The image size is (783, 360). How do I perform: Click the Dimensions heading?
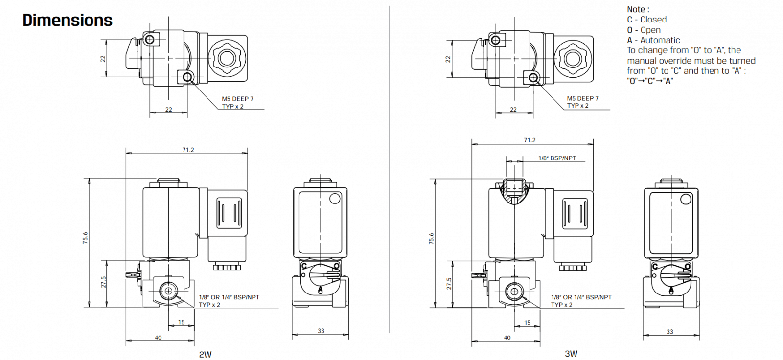68,20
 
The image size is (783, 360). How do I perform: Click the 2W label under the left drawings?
205,354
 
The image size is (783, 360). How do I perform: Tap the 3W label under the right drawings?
571,353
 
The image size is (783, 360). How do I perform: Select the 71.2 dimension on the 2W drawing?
188,150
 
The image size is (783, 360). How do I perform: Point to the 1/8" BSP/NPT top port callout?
557,158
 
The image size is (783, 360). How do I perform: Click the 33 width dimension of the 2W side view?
321,331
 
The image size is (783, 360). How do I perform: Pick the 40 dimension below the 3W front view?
507,337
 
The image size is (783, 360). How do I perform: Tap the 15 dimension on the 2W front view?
182,322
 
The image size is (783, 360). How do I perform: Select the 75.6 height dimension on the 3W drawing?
431,238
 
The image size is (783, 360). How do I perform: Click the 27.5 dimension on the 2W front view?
104,282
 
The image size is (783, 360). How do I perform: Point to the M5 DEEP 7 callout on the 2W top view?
238,99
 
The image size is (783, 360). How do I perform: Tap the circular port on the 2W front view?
169,292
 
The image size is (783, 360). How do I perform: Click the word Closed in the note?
653,20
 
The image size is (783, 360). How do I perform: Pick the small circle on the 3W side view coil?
686,199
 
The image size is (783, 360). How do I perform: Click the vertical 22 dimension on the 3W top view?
448,59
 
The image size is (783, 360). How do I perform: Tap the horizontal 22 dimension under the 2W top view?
169,110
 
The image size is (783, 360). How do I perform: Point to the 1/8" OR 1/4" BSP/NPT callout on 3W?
581,297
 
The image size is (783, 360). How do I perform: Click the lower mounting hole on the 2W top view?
186,77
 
